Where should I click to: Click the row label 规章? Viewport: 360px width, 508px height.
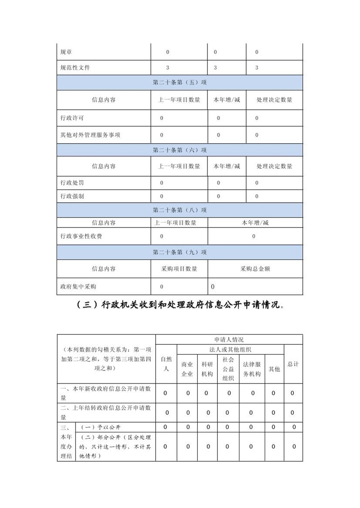pos(66,52)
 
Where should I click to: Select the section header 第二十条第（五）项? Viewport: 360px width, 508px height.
pos(180,83)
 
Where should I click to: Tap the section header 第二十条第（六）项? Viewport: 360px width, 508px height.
pos(180,150)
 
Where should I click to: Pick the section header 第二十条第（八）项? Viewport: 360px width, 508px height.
pos(180,210)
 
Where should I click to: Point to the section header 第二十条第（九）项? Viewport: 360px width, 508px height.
pos(180,252)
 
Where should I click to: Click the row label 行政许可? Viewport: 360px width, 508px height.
pos(72,118)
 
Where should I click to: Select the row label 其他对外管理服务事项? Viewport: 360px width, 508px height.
pos(90,135)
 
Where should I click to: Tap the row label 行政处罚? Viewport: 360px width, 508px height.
pos(72,183)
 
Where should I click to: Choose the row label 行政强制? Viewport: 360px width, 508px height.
pos(72,196)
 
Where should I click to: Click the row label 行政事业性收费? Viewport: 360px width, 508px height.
pos(81,236)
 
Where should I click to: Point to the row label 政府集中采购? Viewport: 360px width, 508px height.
pos(78,286)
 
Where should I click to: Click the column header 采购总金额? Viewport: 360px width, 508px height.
pos(255,269)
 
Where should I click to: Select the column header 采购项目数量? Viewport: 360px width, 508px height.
pos(179,269)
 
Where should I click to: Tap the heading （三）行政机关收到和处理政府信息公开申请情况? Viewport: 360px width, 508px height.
pos(180,305)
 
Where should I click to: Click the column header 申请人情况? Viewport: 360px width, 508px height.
pos(229,339)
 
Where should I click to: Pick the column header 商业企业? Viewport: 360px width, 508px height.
pos(187,369)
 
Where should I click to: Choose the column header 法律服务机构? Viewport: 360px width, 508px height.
pos(252,369)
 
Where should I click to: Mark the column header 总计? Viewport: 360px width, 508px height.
pos(293,364)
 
